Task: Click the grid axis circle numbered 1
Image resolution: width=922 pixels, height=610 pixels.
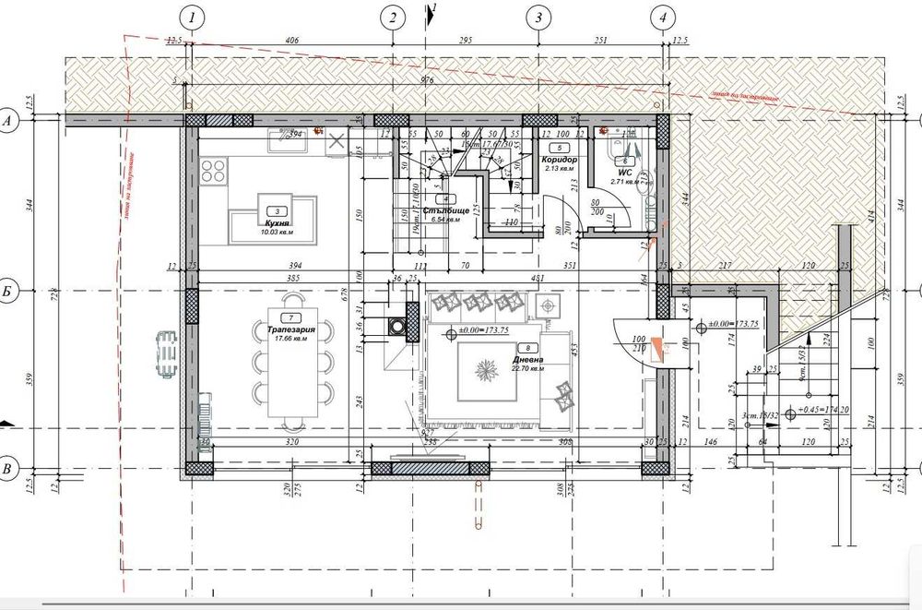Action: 191,17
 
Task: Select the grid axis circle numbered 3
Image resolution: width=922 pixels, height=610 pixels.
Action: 538,17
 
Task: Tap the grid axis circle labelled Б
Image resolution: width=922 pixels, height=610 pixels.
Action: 8,292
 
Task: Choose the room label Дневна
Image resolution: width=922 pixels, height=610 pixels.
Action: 528,360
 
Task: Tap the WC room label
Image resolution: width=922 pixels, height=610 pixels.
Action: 624,172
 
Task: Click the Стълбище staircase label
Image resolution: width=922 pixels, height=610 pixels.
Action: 446,211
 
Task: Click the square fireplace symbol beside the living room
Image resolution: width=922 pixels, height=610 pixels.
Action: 398,325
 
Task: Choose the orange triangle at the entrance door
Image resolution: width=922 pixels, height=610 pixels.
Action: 656,348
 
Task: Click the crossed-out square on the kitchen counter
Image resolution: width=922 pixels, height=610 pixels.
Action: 337,141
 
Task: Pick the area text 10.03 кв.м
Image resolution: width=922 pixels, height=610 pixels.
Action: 276,233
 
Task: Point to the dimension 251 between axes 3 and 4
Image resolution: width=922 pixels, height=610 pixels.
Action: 601,41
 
